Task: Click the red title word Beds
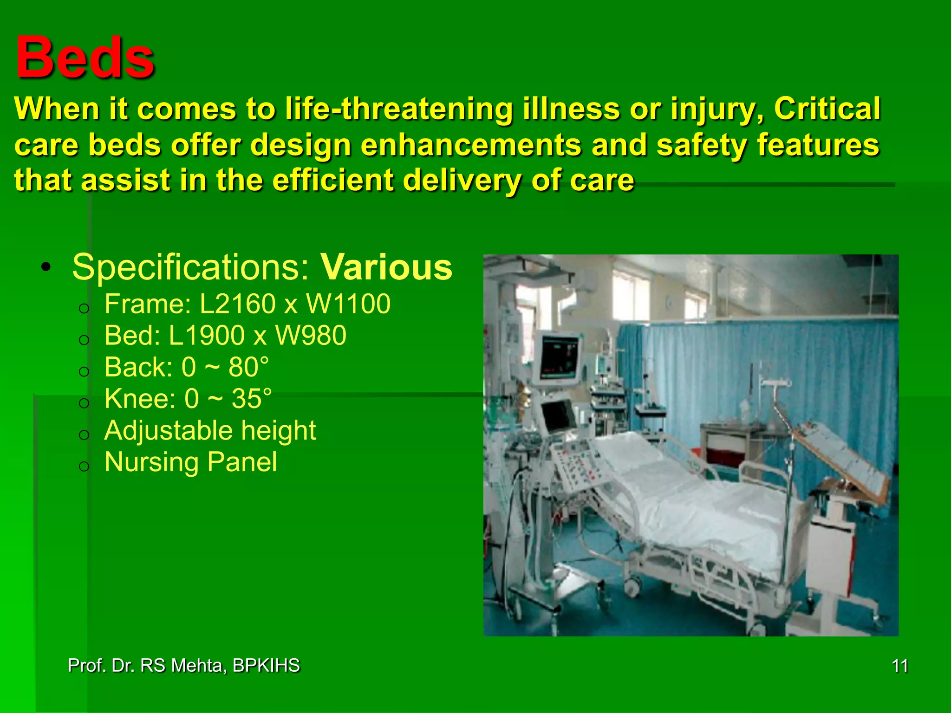point(85,58)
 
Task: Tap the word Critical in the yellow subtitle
point(827,109)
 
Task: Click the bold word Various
point(386,267)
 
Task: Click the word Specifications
point(190,267)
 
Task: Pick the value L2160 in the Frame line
point(238,304)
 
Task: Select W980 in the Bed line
point(311,336)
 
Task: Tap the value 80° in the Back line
point(248,367)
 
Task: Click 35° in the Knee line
point(251,399)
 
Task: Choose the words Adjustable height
point(210,430)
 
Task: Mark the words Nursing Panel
point(190,462)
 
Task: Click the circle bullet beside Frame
point(84,308)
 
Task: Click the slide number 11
point(900,666)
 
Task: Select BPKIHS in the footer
point(266,666)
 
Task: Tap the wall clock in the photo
point(669,303)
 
